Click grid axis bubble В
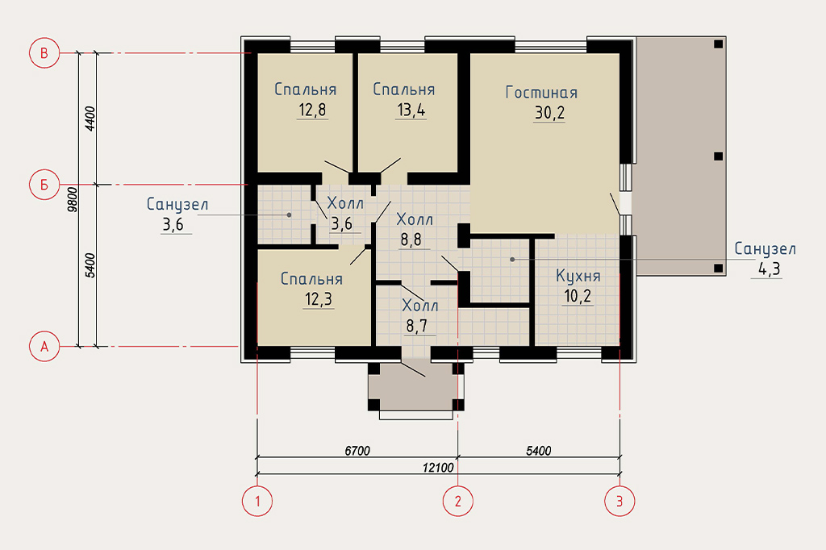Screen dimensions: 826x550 [44, 53]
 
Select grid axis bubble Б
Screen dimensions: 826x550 [44, 185]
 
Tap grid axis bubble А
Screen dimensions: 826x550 [44, 347]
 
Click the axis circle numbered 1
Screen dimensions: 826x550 [257, 501]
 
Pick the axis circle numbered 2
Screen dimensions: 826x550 [458, 501]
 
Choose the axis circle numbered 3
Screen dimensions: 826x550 [619, 501]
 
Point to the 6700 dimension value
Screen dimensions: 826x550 [357, 451]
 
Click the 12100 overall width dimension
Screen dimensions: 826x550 [438, 467]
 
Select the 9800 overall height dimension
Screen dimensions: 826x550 [73, 199]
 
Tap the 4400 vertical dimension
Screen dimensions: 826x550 [90, 119]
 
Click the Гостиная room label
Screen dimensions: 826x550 [541, 93]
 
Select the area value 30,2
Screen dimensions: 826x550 [549, 113]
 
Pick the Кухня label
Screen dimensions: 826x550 [578, 276]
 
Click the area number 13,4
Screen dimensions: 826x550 [411, 110]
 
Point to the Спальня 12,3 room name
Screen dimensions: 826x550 [312, 279]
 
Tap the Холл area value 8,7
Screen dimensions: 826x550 [417, 326]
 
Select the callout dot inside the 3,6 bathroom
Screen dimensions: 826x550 [289, 215]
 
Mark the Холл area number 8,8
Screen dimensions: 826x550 [411, 240]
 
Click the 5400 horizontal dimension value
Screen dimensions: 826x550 [538, 451]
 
